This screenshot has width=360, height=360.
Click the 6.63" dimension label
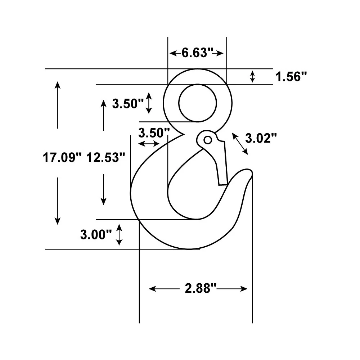click(197, 53)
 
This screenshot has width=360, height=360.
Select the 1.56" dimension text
click(291, 77)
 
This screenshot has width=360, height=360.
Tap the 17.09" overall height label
click(62, 158)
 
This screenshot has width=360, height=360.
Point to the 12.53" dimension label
click(105, 158)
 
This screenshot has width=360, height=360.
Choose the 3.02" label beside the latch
click(261, 139)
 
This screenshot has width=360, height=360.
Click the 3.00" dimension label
click(96, 235)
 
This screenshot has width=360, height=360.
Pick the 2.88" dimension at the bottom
click(201, 288)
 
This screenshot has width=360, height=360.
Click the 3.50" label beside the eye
click(128, 104)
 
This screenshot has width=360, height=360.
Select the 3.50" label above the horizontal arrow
click(154, 133)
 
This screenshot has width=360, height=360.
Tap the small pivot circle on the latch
click(208, 140)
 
